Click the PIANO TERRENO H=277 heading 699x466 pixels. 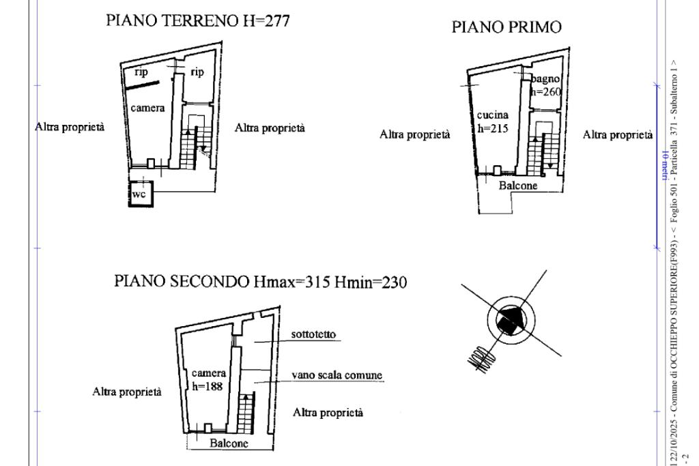[x=197, y=21]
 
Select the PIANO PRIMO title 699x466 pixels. [x=507, y=27]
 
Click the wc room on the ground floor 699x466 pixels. [x=143, y=194]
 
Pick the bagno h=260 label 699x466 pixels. [x=547, y=87]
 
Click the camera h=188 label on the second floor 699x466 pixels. [x=209, y=379]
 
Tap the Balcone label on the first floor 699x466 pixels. [x=518, y=185]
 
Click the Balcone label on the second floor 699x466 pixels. [x=229, y=443]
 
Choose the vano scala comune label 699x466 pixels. [x=337, y=375]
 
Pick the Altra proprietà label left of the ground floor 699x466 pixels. [x=70, y=128]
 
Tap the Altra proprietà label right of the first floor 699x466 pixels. [x=617, y=134]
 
